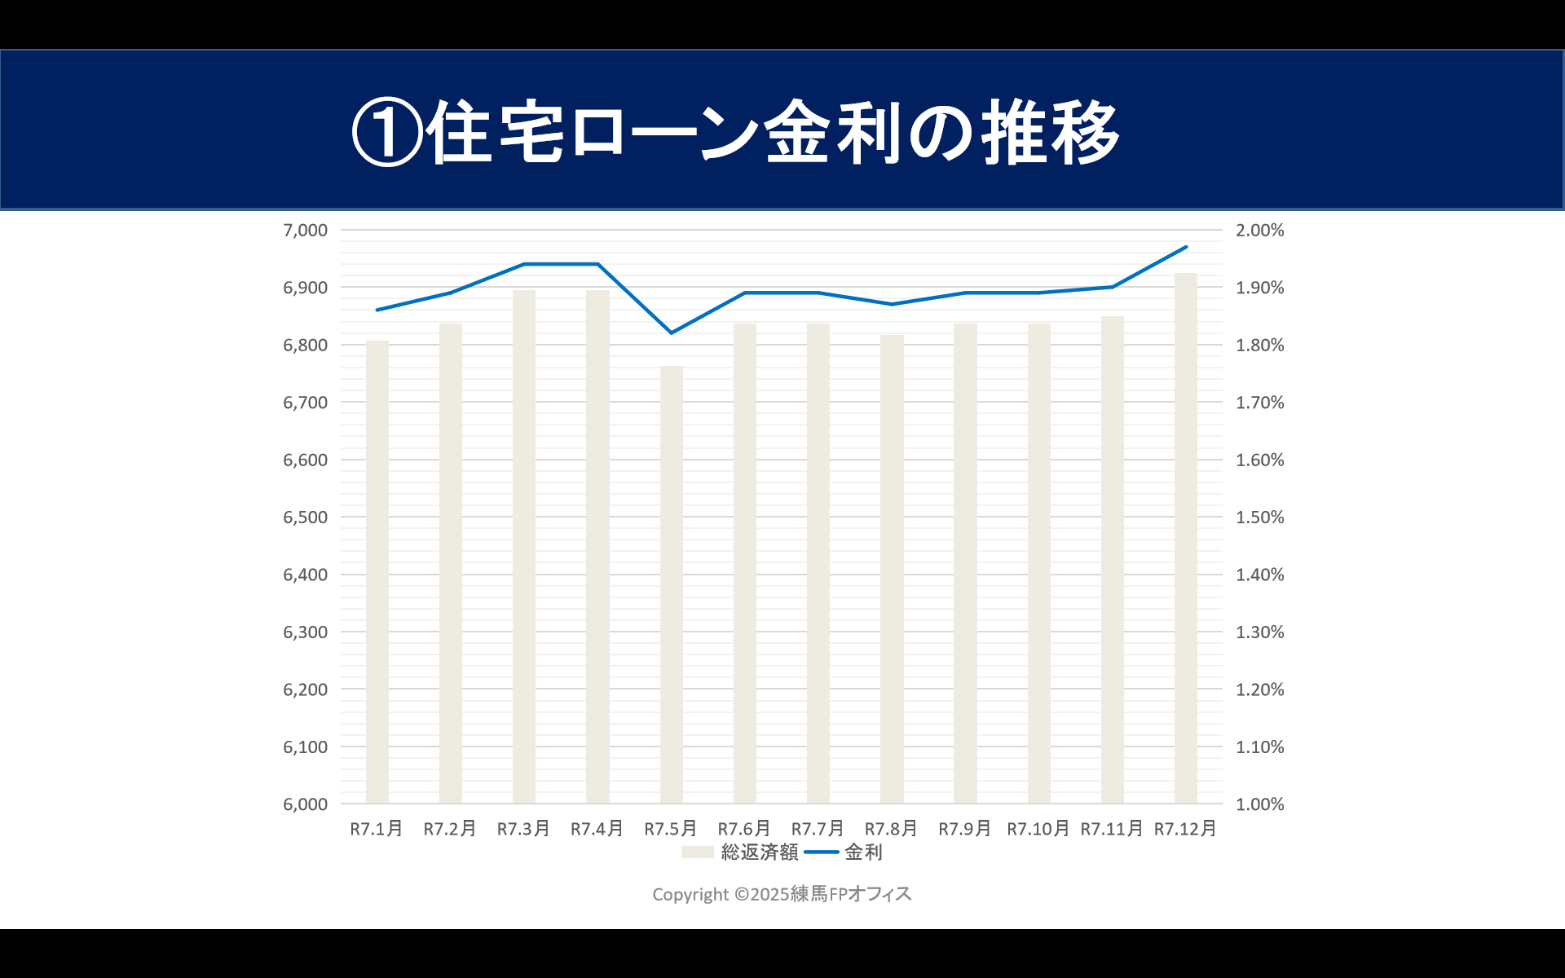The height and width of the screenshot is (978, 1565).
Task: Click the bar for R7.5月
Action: (671, 584)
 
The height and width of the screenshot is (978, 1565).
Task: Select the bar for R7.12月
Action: (1185, 538)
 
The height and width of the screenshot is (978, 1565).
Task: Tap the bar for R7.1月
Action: (377, 572)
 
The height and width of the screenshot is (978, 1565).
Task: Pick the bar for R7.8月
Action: (892, 569)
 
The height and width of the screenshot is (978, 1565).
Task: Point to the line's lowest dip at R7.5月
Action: (671, 333)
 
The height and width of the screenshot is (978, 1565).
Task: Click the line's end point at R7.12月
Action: (1186, 247)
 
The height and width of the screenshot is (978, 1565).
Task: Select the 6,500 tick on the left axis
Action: (305, 518)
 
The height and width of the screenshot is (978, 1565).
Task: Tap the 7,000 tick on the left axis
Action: (305, 231)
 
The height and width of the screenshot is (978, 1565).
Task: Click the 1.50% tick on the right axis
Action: (1259, 518)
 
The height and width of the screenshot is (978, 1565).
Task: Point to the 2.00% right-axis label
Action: (1259, 231)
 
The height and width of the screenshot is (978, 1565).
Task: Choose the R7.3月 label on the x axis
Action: (523, 829)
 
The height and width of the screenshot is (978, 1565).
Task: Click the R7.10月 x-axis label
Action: (1038, 829)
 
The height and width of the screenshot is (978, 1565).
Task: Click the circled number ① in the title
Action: (387, 132)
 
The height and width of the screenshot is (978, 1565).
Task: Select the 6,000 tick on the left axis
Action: (305, 804)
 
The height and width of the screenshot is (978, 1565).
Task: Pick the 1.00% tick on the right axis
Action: (1259, 804)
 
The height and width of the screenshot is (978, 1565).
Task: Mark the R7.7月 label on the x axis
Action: (818, 829)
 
